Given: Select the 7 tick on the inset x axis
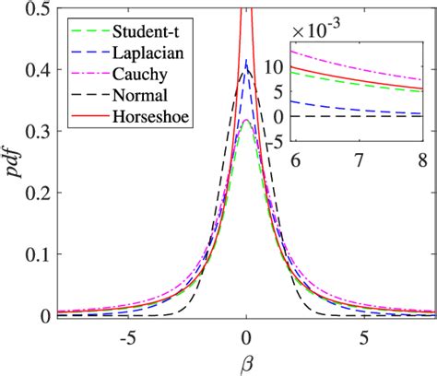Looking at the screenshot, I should [x=356, y=159].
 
